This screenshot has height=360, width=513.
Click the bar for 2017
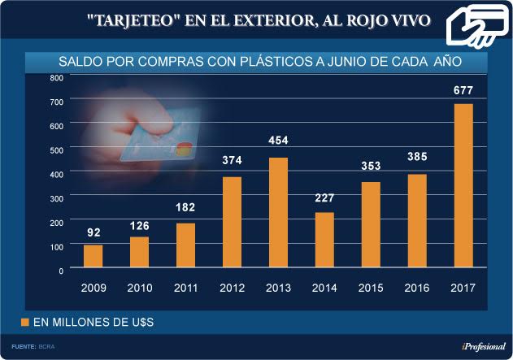tap(462, 186)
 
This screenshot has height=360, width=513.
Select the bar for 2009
tap(93, 257)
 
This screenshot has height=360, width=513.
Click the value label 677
tap(463, 90)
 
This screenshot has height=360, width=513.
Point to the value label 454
tap(278, 141)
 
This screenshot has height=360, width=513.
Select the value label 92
tap(93, 232)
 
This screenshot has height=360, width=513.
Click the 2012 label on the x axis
tap(232, 287)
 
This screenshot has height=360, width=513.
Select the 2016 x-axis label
tap(416, 287)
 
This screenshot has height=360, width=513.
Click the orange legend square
tap(24, 323)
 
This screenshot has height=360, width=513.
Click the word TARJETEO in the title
tap(129, 19)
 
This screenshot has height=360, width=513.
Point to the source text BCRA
tap(47, 347)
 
